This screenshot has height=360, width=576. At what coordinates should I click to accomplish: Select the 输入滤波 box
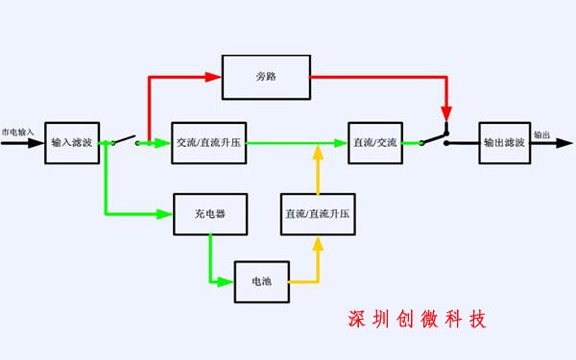(72, 143)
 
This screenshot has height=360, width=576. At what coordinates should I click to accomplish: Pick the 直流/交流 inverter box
(375, 143)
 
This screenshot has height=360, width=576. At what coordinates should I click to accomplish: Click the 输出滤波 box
(504, 143)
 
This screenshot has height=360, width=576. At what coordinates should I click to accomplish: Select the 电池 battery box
(261, 282)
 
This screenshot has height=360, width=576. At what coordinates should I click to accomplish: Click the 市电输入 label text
(18, 132)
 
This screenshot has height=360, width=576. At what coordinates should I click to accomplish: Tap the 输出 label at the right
(542, 135)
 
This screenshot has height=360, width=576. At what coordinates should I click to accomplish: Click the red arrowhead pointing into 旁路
(213, 75)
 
